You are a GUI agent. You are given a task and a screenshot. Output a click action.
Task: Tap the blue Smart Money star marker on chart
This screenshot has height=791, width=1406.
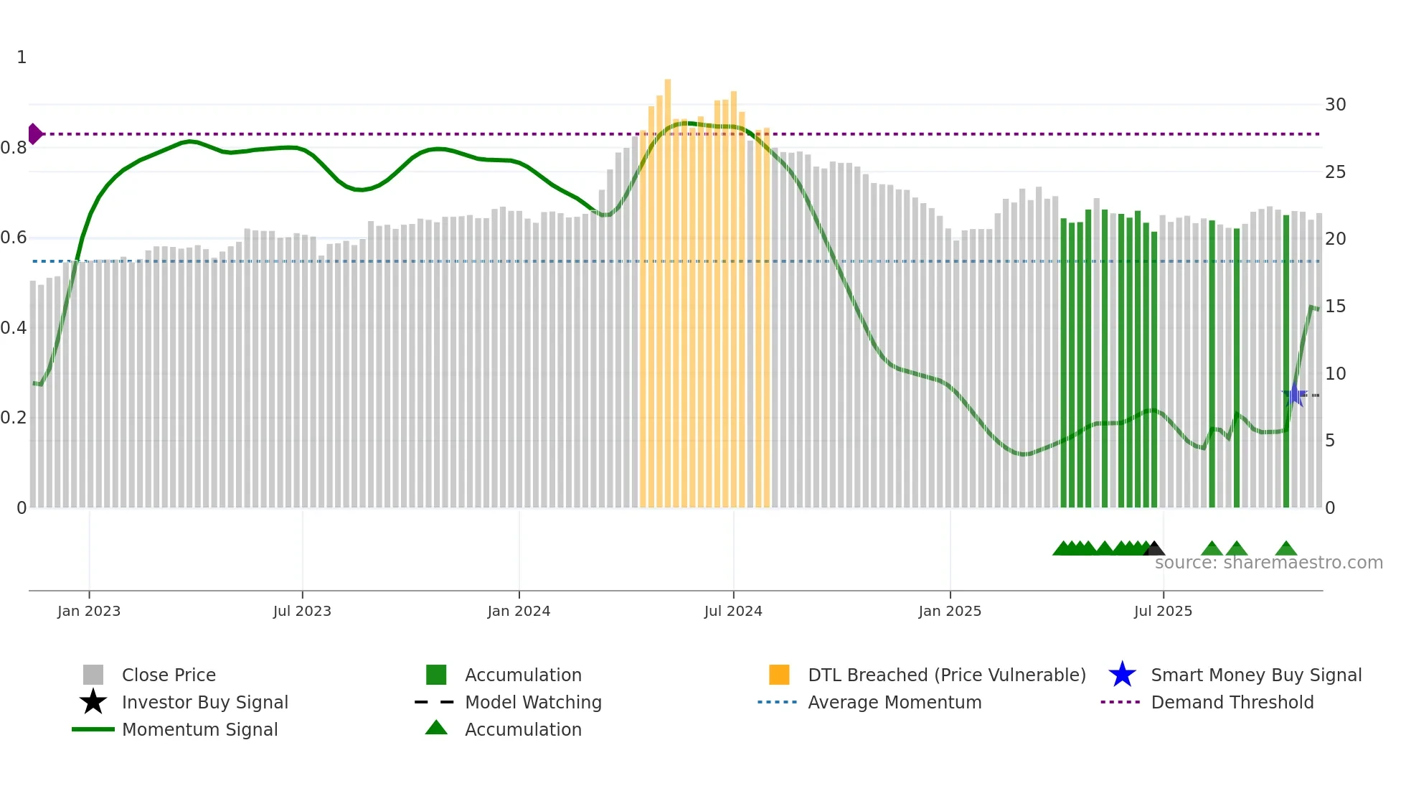tap(1294, 395)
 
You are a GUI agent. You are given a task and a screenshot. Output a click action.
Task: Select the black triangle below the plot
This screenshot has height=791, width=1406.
tap(1153, 549)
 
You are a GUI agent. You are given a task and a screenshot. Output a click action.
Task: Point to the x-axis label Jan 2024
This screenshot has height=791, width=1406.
tap(519, 611)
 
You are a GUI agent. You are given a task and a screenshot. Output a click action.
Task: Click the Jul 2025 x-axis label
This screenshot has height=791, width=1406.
tap(1163, 611)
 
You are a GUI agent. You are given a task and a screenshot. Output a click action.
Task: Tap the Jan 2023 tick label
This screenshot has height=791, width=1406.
tap(89, 611)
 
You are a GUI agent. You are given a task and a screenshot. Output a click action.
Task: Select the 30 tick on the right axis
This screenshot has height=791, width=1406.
tap(1335, 105)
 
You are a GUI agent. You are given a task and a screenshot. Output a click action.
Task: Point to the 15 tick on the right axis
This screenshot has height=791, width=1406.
tap(1335, 306)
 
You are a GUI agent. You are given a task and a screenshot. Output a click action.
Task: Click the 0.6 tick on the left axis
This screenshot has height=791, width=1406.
tap(14, 238)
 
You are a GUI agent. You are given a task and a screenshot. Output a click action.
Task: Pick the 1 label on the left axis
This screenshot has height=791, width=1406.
tap(22, 57)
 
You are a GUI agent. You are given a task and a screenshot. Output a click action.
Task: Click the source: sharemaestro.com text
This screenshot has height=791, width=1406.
tap(1268, 563)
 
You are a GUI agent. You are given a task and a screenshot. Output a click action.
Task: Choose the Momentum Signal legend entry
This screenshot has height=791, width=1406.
tap(199, 729)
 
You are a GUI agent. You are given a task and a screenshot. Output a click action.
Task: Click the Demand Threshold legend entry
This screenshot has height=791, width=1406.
tap(1232, 702)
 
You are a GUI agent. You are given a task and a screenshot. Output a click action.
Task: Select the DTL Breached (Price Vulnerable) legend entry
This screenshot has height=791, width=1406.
tap(946, 675)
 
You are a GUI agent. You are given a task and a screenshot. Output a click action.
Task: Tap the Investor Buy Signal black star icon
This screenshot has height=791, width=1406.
tap(93, 702)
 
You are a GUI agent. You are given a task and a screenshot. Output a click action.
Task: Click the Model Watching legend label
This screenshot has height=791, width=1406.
tap(533, 702)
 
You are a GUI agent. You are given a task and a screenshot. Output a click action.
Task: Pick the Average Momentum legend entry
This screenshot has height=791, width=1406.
tap(894, 702)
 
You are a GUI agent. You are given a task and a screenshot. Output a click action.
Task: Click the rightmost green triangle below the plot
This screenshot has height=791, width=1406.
tap(1286, 549)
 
